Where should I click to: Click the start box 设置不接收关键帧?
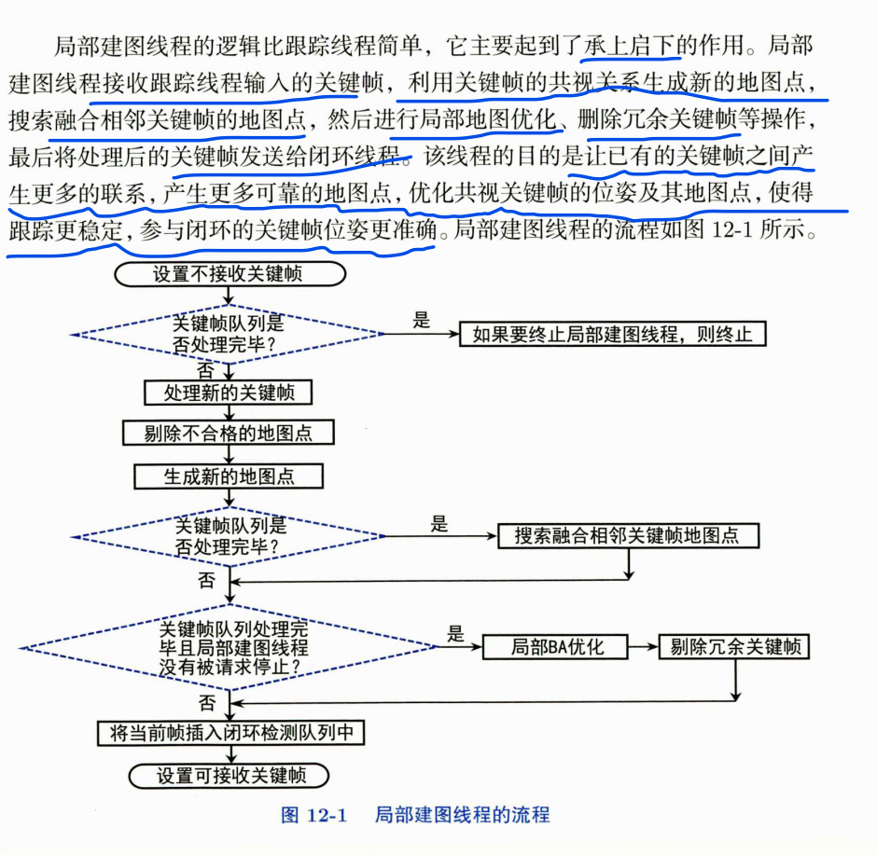pyautogui.click(x=228, y=274)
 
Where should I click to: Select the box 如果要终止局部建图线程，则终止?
pyautogui.click(x=612, y=334)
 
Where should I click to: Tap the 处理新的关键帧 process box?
pyautogui.click(x=229, y=393)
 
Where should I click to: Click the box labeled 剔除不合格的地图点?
pyautogui.click(x=229, y=434)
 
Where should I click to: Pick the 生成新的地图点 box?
pyautogui.click(x=229, y=476)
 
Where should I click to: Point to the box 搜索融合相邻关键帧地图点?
pyautogui.click(x=626, y=536)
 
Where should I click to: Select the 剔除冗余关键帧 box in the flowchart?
pyautogui.click(x=734, y=646)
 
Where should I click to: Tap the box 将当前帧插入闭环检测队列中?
pyautogui.click(x=230, y=733)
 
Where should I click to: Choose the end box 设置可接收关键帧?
pyautogui.click(x=229, y=775)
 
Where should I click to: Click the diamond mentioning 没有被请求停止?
pyautogui.click(x=230, y=647)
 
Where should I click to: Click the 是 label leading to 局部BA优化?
pyautogui.click(x=455, y=635)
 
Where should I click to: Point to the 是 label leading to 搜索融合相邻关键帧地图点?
pyautogui.click(x=439, y=525)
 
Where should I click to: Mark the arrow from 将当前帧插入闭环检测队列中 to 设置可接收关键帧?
pyautogui.click(x=229, y=755)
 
